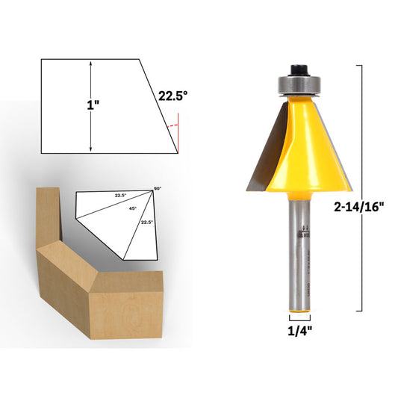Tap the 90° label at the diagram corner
coord(158,188)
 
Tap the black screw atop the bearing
coord(296,67)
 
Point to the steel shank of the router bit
coord(297,246)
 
